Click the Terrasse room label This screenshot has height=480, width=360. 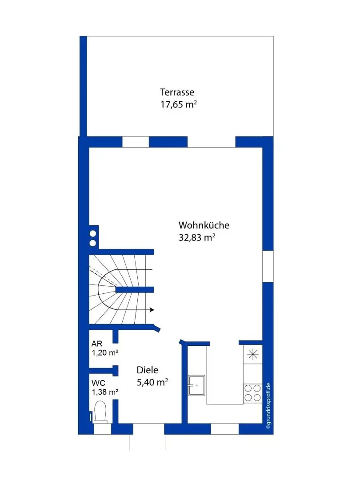177,92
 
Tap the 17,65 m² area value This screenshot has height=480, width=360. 179,104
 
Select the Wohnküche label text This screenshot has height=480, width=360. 204,225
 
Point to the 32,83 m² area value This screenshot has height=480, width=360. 197,237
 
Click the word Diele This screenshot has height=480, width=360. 147,370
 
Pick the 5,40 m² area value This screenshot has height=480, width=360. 152,382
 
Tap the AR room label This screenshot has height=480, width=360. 97,344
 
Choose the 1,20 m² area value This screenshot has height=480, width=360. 105,352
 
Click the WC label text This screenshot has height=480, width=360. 98,383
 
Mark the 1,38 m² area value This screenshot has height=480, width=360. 105,392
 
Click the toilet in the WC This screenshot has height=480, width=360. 100,412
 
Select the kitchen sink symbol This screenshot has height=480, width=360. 196,385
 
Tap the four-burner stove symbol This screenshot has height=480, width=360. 253,393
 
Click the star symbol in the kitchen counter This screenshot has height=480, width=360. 253,355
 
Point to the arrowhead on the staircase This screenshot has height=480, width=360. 152,310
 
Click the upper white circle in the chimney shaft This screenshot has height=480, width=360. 93,234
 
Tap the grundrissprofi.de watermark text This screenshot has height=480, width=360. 268,406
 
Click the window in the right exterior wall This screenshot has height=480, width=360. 268,266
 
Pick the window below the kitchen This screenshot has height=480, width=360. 225,429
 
